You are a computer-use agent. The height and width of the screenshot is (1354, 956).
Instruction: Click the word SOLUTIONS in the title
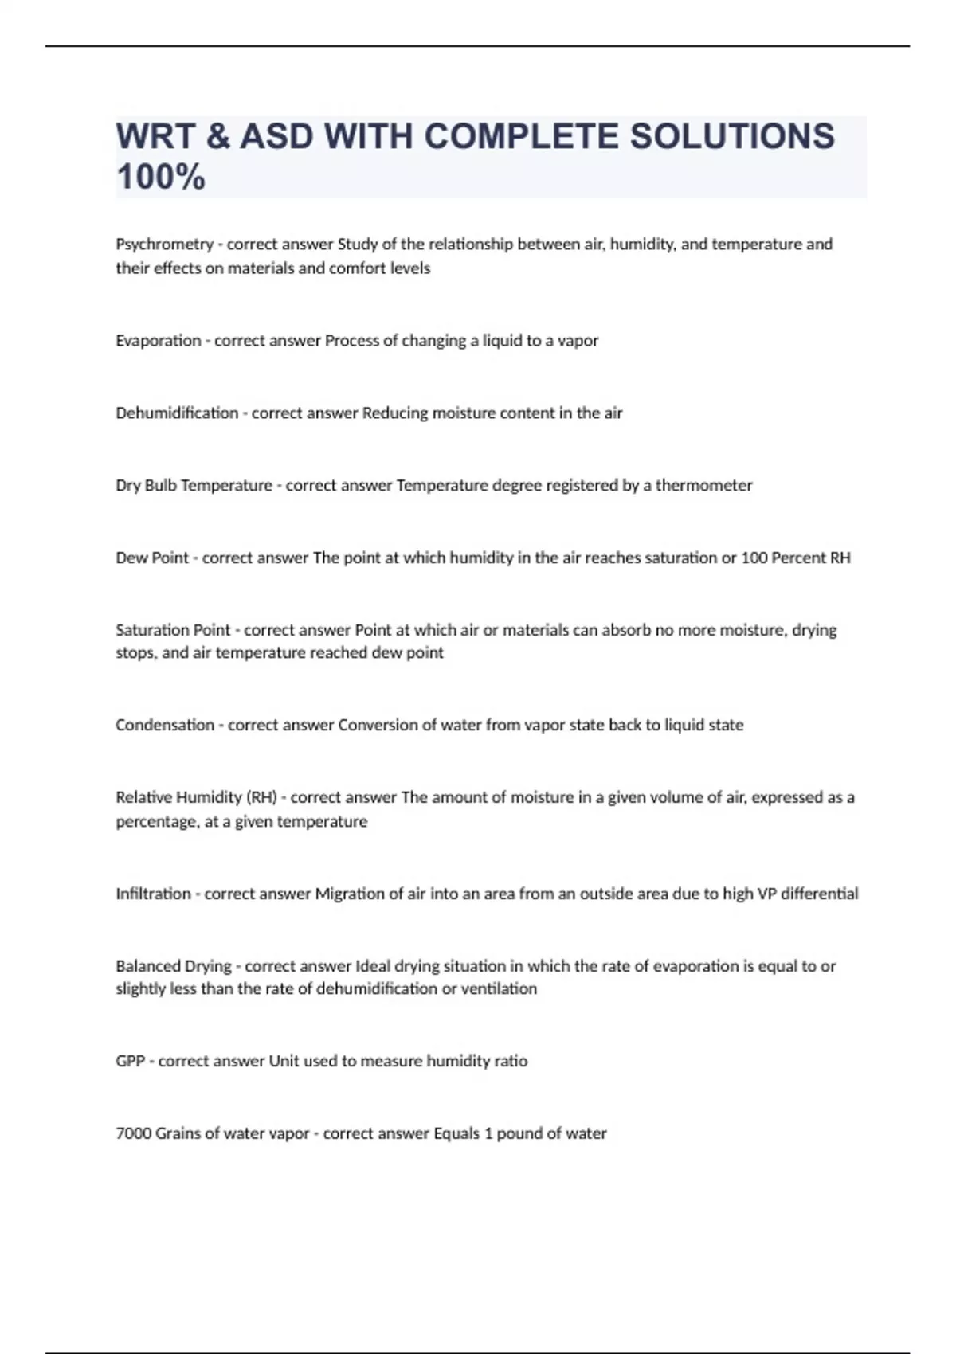point(732,136)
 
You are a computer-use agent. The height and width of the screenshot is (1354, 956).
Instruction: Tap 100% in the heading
point(161,177)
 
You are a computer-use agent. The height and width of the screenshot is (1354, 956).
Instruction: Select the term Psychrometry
point(164,245)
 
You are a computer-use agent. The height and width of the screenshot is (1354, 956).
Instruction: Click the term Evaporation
point(158,341)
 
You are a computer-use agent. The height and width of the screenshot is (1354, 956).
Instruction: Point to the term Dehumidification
point(177,413)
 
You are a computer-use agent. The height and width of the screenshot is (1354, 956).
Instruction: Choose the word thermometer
point(703,486)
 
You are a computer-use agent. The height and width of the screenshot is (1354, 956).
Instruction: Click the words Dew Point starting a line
point(151,558)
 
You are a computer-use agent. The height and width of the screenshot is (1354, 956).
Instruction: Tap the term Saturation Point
point(172,630)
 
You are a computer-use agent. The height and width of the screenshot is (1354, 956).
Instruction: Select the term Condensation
point(164,726)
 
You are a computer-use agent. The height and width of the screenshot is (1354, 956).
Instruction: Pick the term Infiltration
point(153,894)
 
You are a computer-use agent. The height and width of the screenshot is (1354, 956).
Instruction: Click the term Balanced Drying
point(173,966)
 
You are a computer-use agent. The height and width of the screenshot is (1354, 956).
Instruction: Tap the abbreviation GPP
point(130,1062)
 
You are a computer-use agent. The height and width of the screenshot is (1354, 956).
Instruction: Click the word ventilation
point(500,989)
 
